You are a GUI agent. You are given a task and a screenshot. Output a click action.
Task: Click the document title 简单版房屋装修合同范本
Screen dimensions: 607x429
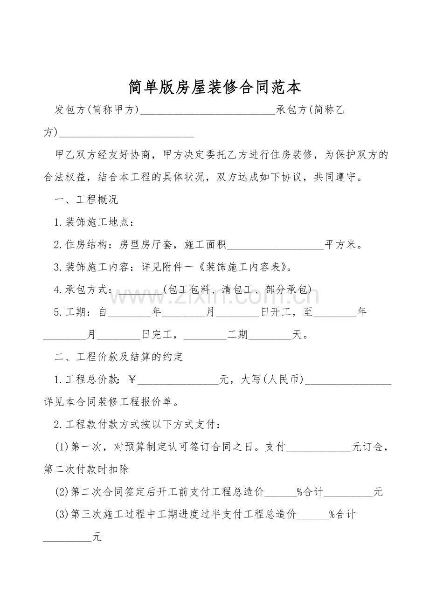coord(215,87)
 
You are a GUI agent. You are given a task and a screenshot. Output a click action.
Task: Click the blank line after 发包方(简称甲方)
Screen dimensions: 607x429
coord(208,111)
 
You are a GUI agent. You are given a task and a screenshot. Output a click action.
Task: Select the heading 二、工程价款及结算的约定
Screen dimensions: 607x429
coord(119,357)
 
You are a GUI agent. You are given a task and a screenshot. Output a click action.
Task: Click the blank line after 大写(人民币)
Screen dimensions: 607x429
coord(348,380)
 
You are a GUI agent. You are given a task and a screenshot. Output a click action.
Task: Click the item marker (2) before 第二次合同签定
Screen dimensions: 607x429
coord(62,492)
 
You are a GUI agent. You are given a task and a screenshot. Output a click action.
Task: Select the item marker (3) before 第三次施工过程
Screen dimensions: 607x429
coord(62,514)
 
